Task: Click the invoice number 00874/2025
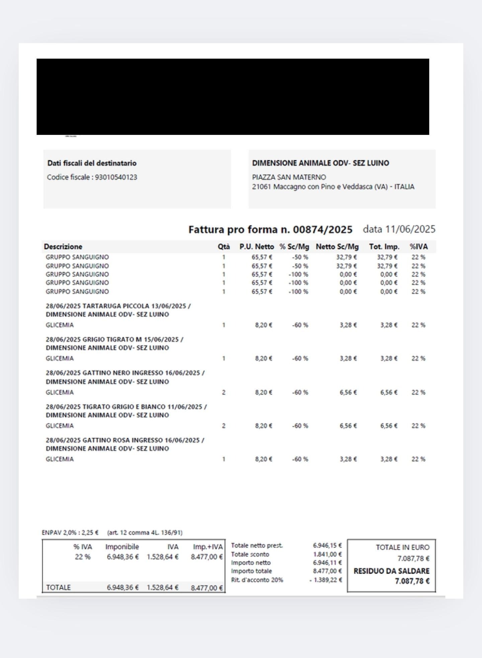(322, 230)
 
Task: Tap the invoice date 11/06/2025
(410, 229)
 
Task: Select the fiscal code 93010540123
(116, 177)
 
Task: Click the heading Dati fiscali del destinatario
(92, 163)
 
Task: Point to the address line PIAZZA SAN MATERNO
(289, 177)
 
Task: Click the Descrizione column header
(63, 247)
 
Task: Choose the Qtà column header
(224, 247)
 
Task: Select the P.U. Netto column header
(256, 247)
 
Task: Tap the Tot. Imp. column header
(384, 247)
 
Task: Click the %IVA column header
(418, 247)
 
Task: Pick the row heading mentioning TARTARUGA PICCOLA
(118, 306)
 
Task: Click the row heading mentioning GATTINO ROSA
(125, 440)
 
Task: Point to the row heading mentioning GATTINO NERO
(125, 373)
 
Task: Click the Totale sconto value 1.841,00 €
(327, 555)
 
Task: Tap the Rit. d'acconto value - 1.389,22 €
(326, 580)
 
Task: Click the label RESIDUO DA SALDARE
(391, 571)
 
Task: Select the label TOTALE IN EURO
(402, 548)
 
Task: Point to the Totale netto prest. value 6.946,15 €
(327, 546)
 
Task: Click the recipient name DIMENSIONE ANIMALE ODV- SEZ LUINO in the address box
(320, 163)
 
